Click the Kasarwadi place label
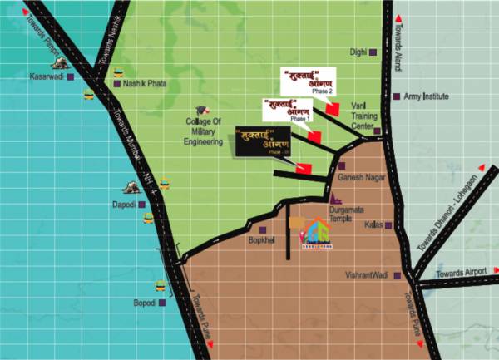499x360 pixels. (41, 76)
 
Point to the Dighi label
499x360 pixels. (358, 52)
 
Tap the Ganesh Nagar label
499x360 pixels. (358, 178)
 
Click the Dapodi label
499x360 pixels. (122, 203)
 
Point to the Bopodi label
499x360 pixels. (145, 303)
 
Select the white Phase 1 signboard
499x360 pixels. (287, 110)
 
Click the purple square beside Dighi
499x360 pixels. (374, 52)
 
